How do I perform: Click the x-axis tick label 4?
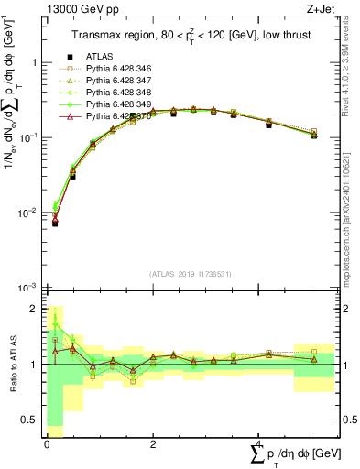click(257, 443)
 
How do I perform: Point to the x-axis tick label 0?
click(47, 443)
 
